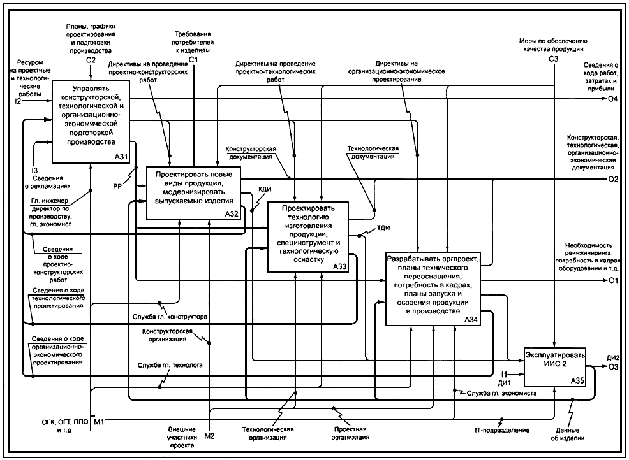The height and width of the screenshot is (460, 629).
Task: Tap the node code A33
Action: (x=339, y=267)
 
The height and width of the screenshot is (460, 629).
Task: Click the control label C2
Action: (x=91, y=59)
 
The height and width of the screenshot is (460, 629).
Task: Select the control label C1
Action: (x=193, y=59)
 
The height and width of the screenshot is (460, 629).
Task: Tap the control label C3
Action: (x=553, y=59)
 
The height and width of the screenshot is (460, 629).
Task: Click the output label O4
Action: (x=613, y=99)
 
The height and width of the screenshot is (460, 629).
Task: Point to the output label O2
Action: (x=613, y=179)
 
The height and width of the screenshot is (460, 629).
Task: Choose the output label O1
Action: (x=613, y=280)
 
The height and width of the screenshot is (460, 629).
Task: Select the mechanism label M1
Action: (x=99, y=422)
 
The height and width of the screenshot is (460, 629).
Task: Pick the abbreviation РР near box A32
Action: (x=117, y=187)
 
